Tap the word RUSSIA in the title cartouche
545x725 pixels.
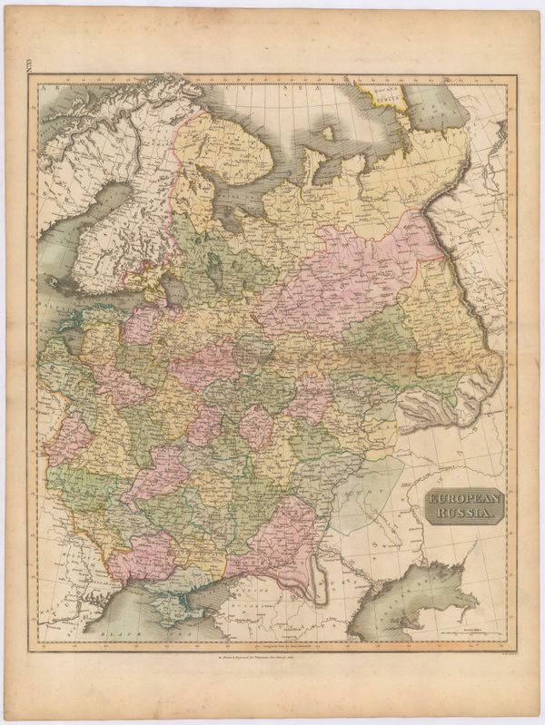coord(465,514)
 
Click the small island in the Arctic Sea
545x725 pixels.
coord(327,134)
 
